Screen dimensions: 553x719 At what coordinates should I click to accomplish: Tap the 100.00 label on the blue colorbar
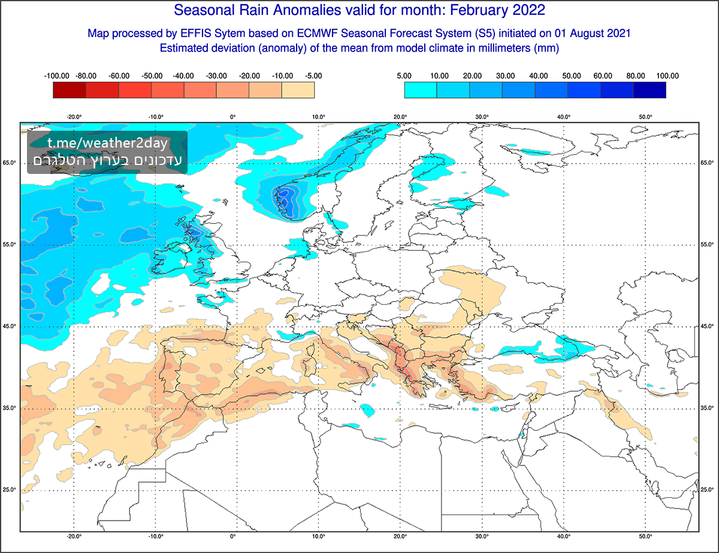pyautogui.click(x=667, y=76)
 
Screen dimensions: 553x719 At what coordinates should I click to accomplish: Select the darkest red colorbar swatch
pyautogui.click(x=70, y=90)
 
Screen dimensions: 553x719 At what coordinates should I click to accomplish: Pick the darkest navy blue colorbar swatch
pyautogui.click(x=649, y=90)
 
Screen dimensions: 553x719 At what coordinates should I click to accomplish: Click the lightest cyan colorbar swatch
pyautogui.click(x=421, y=90)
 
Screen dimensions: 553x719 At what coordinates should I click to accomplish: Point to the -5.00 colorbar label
pyautogui.click(x=313, y=76)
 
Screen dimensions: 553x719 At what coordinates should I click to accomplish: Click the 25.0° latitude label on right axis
pyautogui.click(x=708, y=490)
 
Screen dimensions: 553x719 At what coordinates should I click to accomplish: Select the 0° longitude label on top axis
pyautogui.click(x=232, y=117)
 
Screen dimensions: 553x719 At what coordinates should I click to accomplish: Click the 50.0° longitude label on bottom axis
pyautogui.click(x=645, y=537)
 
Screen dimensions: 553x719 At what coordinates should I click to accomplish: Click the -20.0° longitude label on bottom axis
pyautogui.click(x=74, y=537)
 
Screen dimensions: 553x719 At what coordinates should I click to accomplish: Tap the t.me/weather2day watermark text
pyautogui.click(x=107, y=144)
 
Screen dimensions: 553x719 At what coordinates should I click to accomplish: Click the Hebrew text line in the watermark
pyautogui.click(x=107, y=161)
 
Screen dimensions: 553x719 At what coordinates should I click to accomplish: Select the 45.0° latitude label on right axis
pyautogui.click(x=708, y=326)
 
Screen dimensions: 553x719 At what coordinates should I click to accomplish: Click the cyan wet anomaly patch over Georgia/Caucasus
pyautogui.click(x=566, y=347)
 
